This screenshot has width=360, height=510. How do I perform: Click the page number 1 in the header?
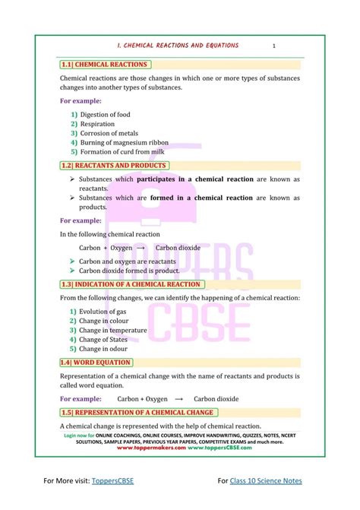point(273,46)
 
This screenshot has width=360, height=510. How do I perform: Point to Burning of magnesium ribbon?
point(124,142)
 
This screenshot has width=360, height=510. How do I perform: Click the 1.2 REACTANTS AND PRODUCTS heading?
point(114,165)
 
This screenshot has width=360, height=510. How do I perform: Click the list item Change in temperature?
point(113,331)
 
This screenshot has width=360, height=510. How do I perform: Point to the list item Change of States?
point(103,340)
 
